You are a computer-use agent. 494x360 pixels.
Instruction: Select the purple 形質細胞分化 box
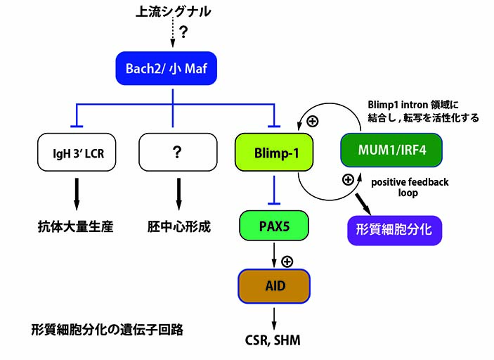coord(394,230)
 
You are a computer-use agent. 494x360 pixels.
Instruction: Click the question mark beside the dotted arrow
coord(185,33)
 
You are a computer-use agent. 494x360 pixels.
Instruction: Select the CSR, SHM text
coord(271,340)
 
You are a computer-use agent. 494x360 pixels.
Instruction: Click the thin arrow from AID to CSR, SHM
coord(271,316)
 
